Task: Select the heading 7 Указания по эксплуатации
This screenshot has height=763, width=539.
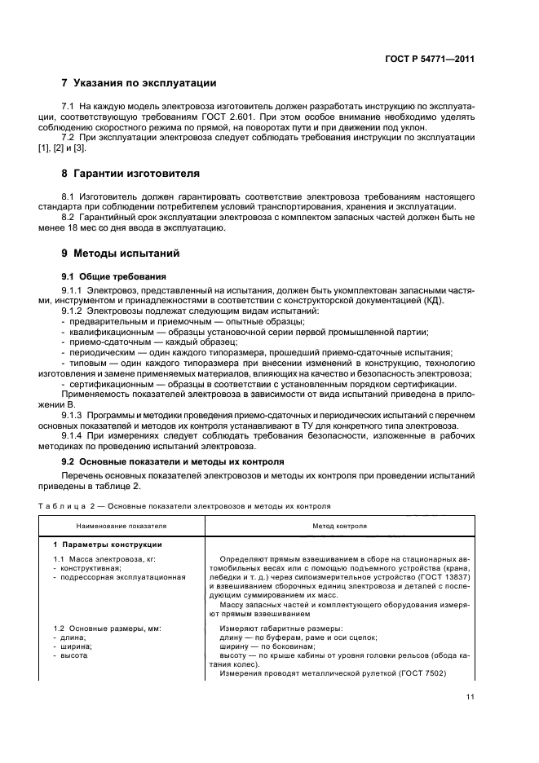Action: point(139,83)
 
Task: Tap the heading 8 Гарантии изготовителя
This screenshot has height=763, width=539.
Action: point(130,174)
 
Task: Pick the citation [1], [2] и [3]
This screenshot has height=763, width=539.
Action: point(83,149)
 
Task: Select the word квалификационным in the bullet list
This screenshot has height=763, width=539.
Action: point(111,332)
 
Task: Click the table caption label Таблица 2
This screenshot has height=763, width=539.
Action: point(86,505)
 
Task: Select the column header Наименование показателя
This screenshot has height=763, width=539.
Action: point(121,526)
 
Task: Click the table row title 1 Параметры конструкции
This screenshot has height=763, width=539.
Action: point(108,544)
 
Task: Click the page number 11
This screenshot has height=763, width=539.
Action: point(470,696)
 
